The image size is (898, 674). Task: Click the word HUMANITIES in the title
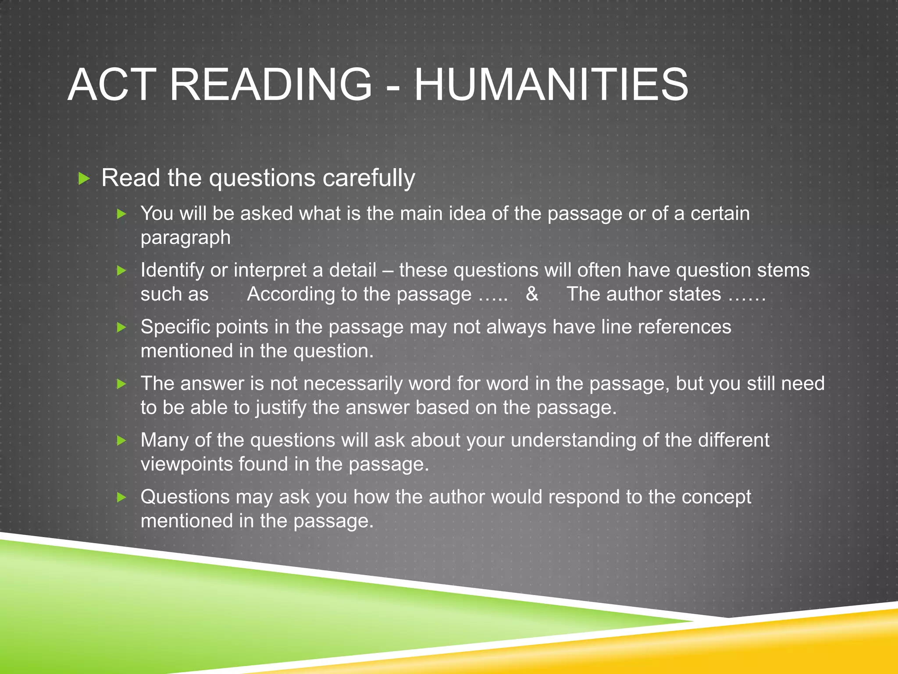(551, 85)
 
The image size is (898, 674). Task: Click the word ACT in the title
(112, 85)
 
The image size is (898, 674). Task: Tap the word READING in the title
(271, 85)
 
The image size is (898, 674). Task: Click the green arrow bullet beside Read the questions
(84, 178)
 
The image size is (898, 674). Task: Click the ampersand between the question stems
(532, 294)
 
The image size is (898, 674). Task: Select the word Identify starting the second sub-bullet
(172, 270)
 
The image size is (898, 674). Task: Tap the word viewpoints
(186, 465)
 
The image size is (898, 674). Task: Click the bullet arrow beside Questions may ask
(122, 497)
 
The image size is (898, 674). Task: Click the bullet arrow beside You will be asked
(122, 214)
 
